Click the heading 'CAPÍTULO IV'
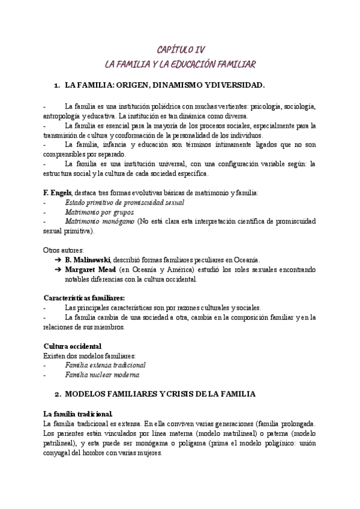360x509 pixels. [x=179, y=49]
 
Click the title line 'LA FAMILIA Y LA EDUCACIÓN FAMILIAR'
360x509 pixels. [x=179, y=63]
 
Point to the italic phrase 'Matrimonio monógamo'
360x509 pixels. [x=99, y=221]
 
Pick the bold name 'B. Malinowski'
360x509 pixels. [x=88, y=260]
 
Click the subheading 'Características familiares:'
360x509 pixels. [x=83, y=298]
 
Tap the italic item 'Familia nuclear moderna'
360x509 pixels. [x=102, y=375]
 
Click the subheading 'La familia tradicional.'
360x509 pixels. [x=77, y=414]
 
